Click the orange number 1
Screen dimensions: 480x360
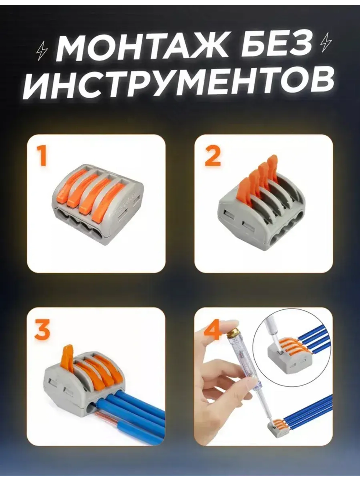click(x=42, y=155)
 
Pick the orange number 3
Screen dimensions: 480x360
click(x=42, y=329)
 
